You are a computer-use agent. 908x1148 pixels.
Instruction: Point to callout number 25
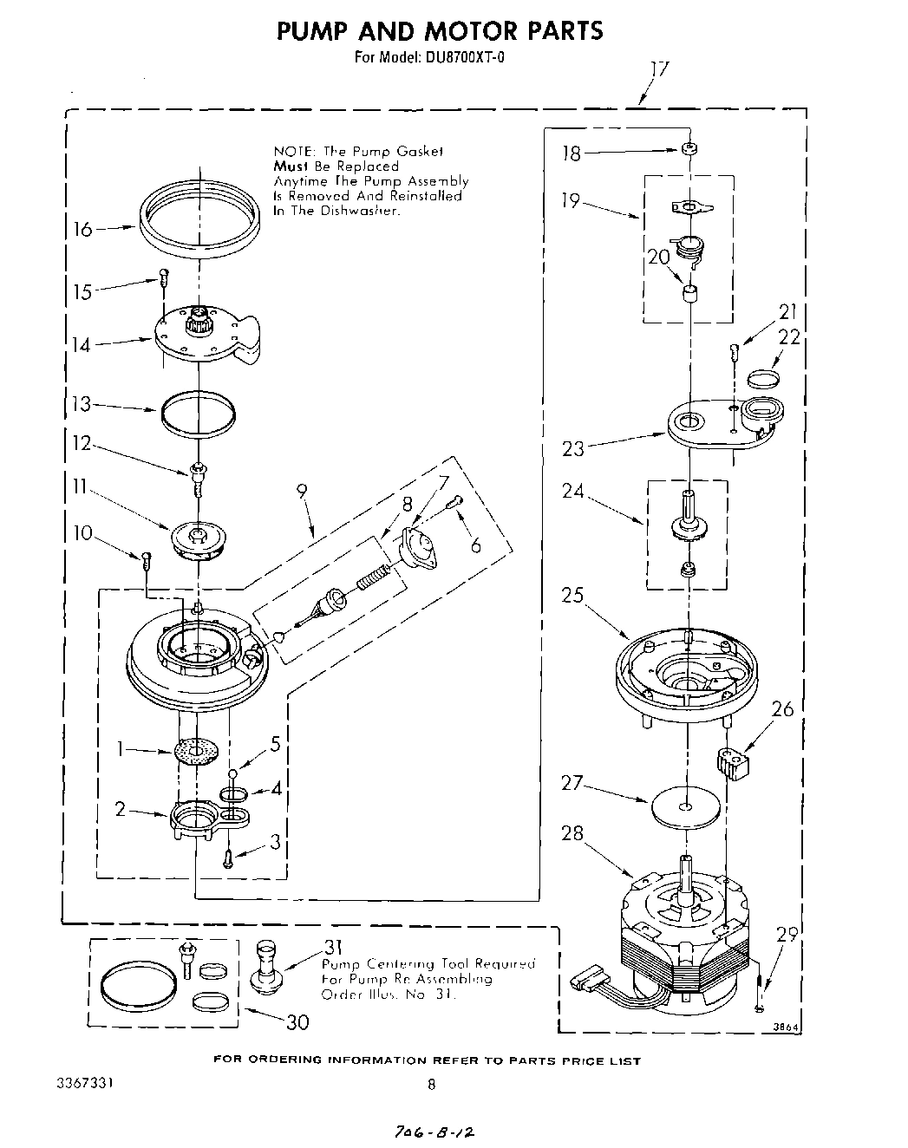pyautogui.click(x=572, y=597)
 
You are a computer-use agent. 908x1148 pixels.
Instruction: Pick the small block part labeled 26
pyautogui.click(x=731, y=764)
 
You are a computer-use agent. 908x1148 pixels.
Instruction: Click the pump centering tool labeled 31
pyautogui.click(x=263, y=969)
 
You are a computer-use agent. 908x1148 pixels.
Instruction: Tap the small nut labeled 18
pyautogui.click(x=689, y=149)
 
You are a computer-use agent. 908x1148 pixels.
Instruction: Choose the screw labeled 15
pyautogui.click(x=163, y=277)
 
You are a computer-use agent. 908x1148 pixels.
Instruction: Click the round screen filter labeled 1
pyautogui.click(x=196, y=750)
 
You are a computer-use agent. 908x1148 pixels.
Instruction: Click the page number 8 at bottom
pyautogui.click(x=431, y=1084)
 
